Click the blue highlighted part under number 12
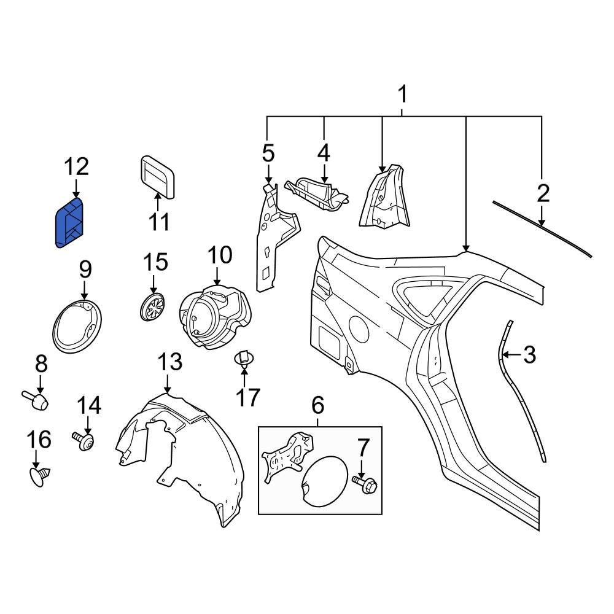(x=70, y=223)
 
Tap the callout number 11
(x=159, y=222)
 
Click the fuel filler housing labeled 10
(x=214, y=317)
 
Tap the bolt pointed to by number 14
(x=84, y=441)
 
